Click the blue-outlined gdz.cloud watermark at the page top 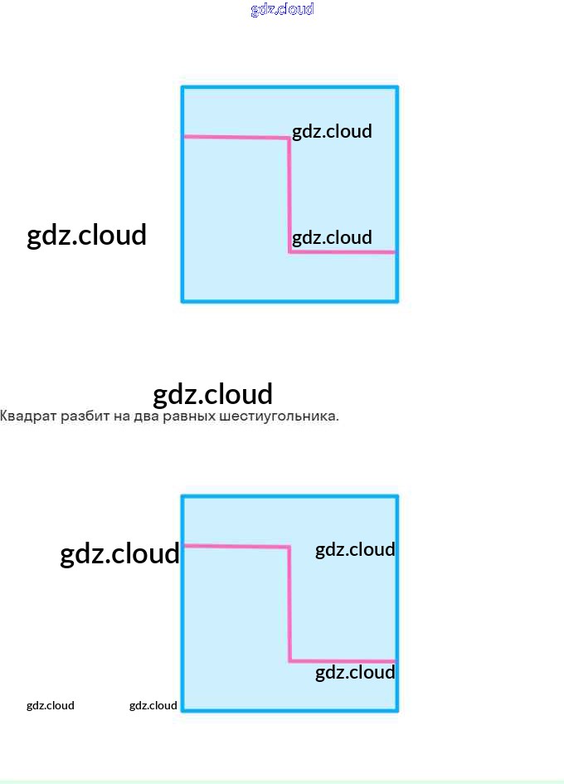coord(282,9)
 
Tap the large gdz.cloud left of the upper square coord(87,235)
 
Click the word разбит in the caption coord(85,416)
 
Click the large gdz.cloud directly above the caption coord(213,393)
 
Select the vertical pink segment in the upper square coord(289,195)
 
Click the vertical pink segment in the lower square coord(289,604)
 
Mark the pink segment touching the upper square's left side coord(236,137)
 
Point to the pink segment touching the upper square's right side coord(343,251)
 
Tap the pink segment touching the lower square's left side coord(236,546)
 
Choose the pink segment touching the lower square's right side coord(343,660)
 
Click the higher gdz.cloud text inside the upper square coord(332,131)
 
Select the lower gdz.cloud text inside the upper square coord(332,238)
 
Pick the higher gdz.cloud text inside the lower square coord(355,549)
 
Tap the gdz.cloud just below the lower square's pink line coord(355,672)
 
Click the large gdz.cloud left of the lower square coord(119,553)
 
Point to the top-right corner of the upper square coord(396,87)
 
